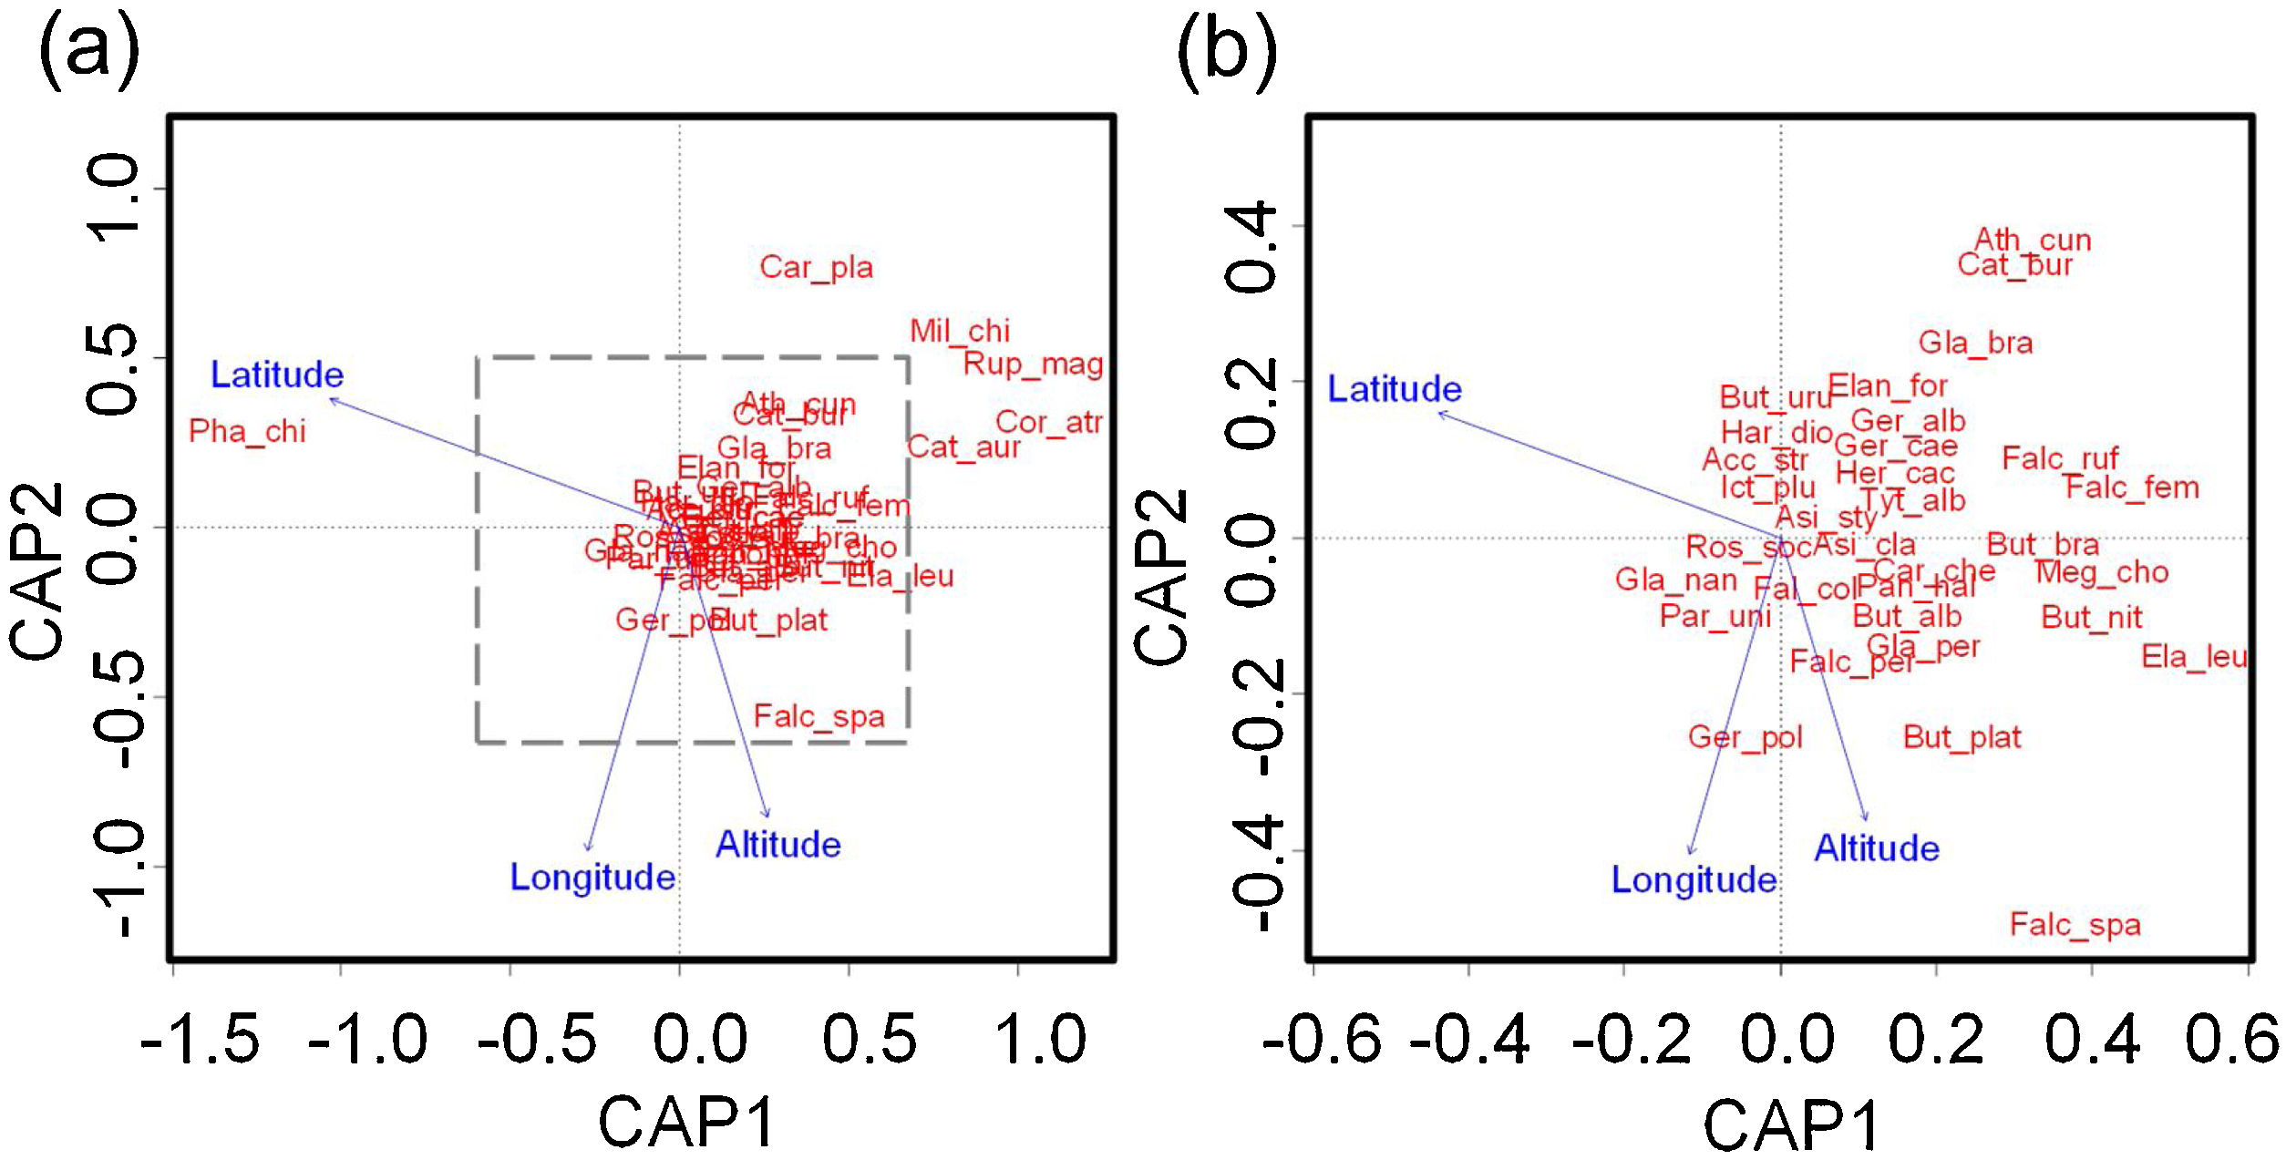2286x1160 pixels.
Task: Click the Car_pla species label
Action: (x=816, y=267)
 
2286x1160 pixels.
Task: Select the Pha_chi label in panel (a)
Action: (x=247, y=431)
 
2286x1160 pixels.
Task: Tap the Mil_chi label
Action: (x=960, y=331)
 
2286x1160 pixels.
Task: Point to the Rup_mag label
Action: (x=1033, y=364)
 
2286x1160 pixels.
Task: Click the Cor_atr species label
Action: (x=1048, y=422)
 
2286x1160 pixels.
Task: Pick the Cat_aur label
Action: (x=963, y=447)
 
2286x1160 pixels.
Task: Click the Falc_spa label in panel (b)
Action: (x=2075, y=925)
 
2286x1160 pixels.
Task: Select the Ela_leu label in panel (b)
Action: (x=2193, y=657)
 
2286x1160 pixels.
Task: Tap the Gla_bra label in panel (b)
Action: (x=1975, y=344)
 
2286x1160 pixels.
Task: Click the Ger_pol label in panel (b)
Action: (x=1745, y=736)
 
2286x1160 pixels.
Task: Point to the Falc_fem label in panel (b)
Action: (x=2131, y=488)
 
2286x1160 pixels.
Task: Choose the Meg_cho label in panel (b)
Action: (x=2101, y=573)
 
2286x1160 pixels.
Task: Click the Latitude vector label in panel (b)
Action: (x=1394, y=389)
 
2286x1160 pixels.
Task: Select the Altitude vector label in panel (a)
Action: (x=777, y=845)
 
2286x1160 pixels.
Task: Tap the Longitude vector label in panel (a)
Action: (x=592, y=878)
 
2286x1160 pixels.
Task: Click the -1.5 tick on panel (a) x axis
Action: (x=201, y=1039)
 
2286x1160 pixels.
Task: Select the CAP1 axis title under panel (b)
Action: (x=1790, y=1124)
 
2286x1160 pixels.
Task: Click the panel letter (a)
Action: (x=89, y=50)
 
